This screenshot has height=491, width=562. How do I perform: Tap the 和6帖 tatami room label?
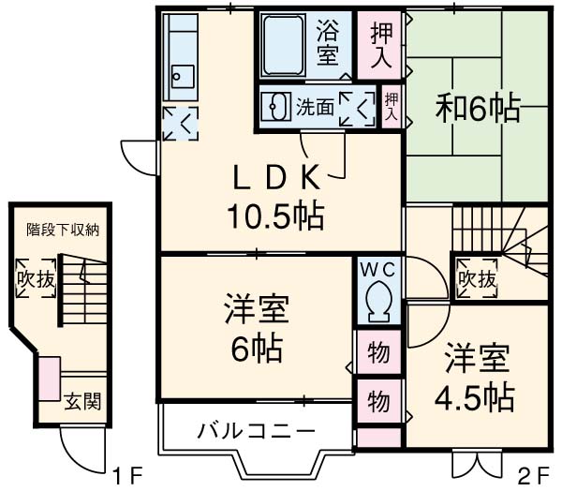[x=477, y=110]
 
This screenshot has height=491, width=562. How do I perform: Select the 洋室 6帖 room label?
[x=255, y=329]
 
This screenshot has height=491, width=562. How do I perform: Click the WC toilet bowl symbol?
[x=378, y=301]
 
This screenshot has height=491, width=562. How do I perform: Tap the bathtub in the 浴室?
[x=285, y=46]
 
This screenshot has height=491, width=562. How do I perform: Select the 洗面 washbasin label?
[x=315, y=107]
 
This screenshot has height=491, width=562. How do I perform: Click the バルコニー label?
[x=243, y=432]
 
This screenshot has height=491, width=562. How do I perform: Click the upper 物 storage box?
[x=378, y=353]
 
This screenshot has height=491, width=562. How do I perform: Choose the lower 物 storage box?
[x=378, y=400]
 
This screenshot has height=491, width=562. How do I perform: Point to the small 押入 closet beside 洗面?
[x=392, y=105]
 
